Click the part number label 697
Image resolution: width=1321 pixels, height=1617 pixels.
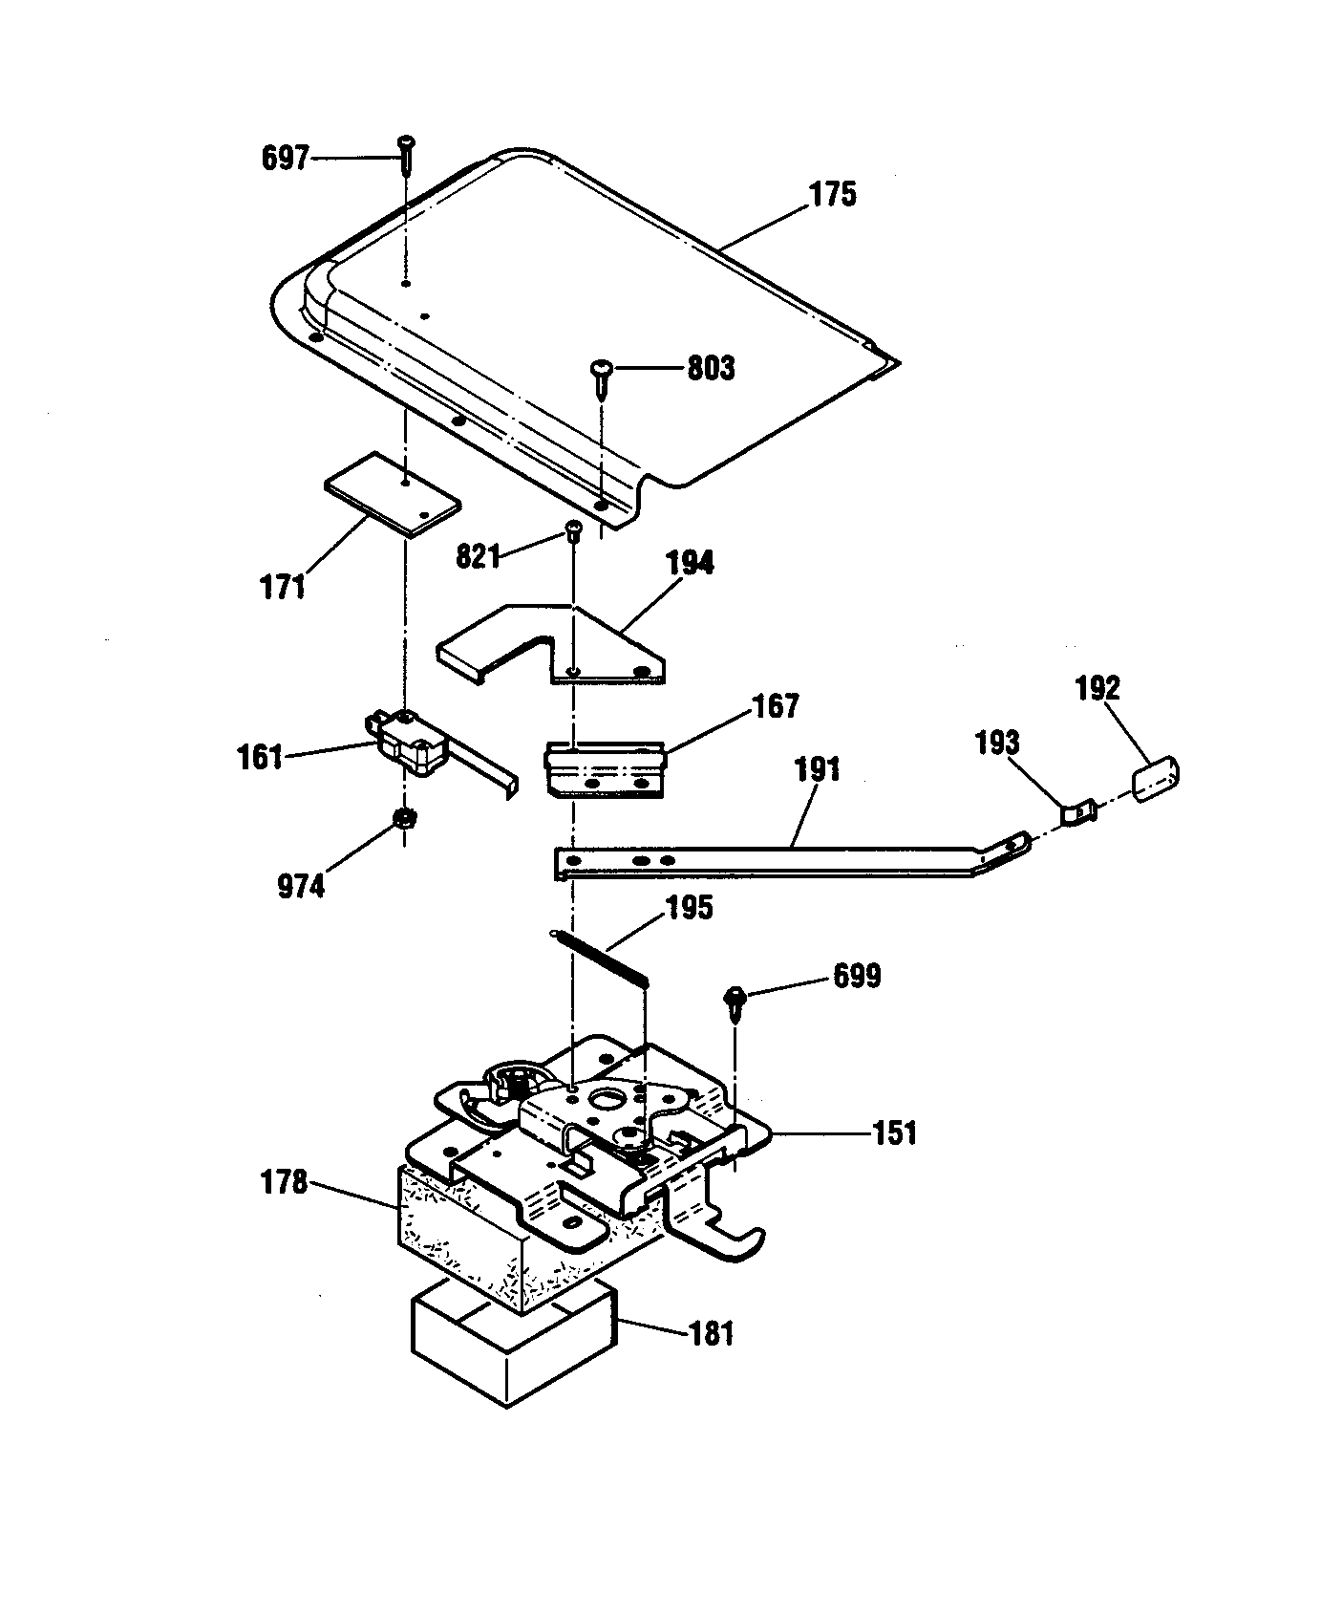point(286,158)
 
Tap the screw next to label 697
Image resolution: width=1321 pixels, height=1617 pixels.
point(405,153)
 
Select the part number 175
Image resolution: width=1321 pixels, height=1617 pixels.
point(833,195)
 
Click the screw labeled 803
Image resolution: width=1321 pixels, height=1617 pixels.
point(602,378)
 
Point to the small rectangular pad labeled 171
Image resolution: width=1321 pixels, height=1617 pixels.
point(393,496)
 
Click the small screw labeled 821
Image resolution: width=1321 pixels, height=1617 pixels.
point(573,531)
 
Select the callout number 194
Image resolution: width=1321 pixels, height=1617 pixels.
point(690,563)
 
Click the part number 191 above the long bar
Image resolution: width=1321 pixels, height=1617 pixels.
point(818,769)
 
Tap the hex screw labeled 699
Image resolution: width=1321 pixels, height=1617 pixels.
point(735,999)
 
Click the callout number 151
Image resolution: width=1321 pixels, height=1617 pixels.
point(894,1133)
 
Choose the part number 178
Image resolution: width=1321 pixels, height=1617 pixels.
point(284,1183)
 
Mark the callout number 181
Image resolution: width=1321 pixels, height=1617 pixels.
point(712,1332)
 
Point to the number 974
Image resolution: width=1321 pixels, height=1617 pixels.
point(300,887)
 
